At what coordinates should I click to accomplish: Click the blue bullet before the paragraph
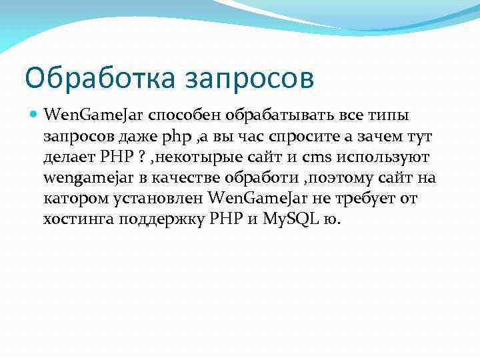click(34, 115)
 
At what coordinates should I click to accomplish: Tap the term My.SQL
click(287, 219)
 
